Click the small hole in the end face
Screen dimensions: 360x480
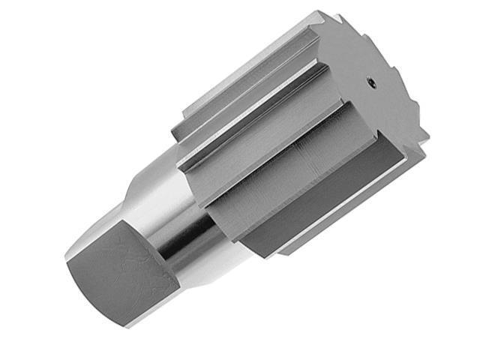371,83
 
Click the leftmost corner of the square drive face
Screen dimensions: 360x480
67,263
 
